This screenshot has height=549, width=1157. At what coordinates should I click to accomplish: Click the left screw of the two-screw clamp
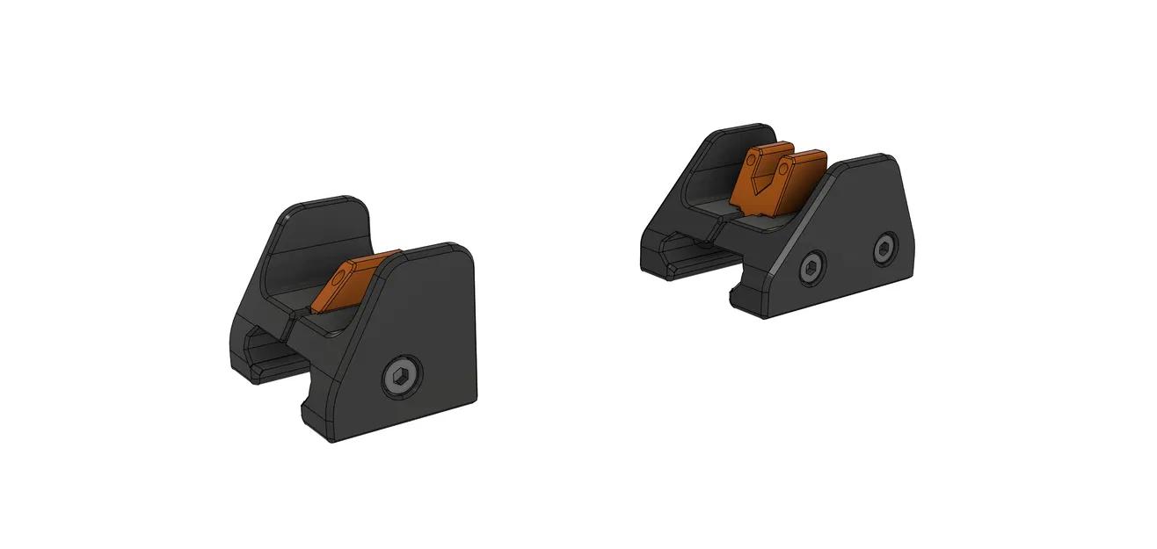pyautogui.click(x=812, y=267)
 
